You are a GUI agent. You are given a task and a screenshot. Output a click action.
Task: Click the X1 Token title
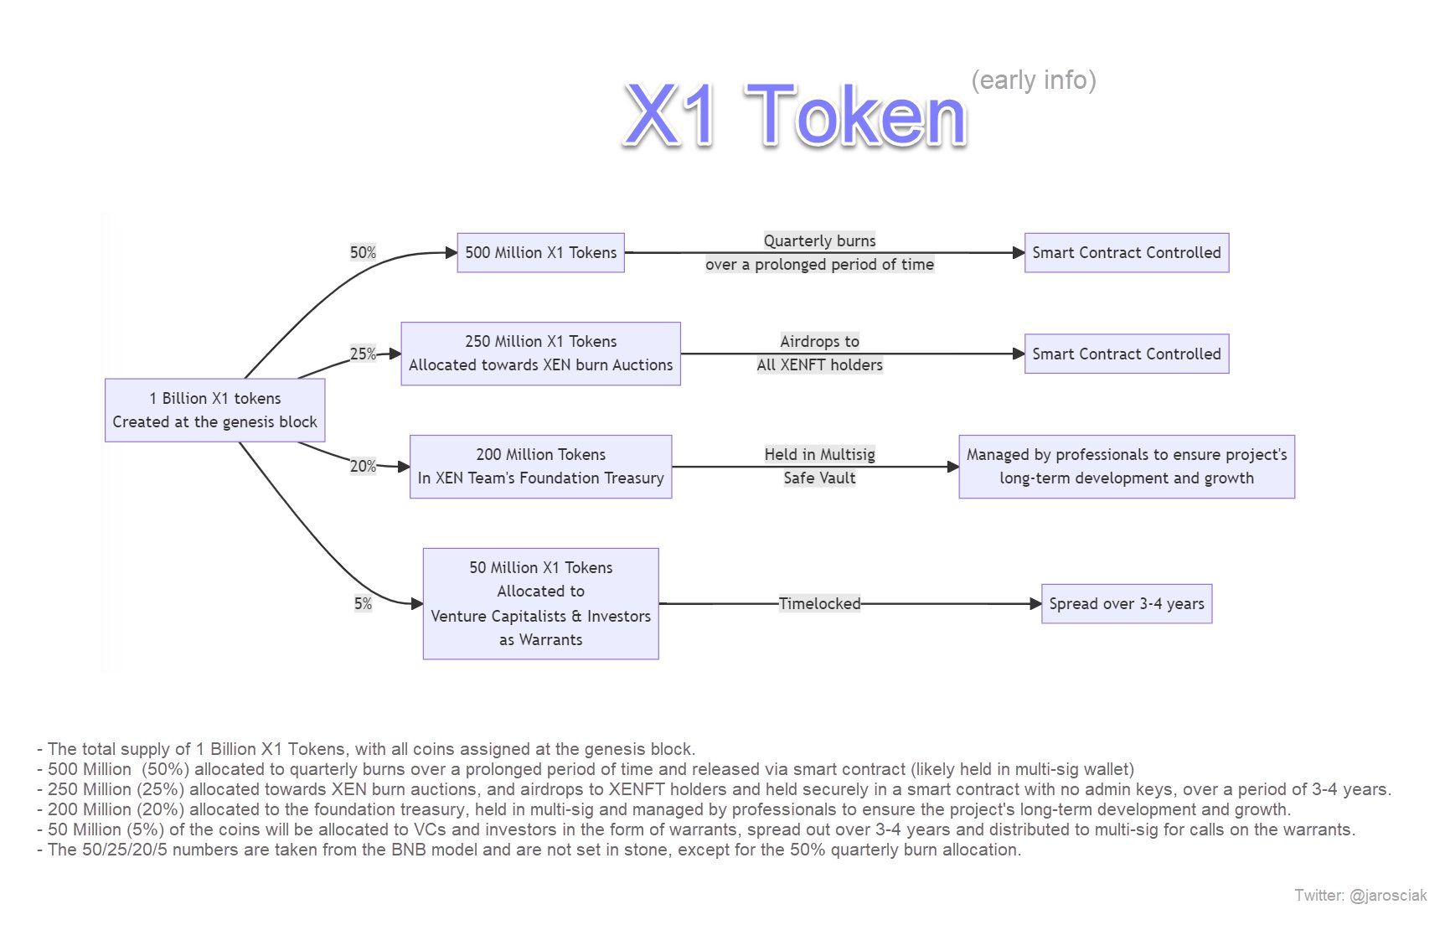(x=795, y=116)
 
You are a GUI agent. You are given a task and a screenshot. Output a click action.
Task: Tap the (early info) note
(x=1033, y=80)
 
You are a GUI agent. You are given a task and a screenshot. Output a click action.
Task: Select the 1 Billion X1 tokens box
(x=214, y=410)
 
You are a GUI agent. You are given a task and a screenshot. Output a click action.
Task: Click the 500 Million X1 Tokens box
(x=540, y=252)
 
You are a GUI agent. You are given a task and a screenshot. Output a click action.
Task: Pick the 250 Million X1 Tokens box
(x=540, y=353)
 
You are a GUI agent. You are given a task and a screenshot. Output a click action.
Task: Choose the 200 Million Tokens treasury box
(x=540, y=466)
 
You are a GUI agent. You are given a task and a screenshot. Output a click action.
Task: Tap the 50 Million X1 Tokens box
(x=540, y=603)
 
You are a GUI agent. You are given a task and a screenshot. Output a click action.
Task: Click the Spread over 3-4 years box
(x=1126, y=603)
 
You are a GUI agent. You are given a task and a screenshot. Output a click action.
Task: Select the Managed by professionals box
(x=1126, y=466)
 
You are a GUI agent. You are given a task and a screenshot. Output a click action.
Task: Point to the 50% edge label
(x=363, y=252)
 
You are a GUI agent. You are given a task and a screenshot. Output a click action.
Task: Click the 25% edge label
(x=363, y=354)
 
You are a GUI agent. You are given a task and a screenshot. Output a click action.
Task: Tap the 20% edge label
(x=363, y=466)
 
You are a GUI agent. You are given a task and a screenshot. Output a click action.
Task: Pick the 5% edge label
(x=363, y=603)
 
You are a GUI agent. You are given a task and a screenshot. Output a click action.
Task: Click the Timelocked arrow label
(x=819, y=603)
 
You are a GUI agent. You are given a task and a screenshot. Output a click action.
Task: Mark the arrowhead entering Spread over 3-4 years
(x=1035, y=603)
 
